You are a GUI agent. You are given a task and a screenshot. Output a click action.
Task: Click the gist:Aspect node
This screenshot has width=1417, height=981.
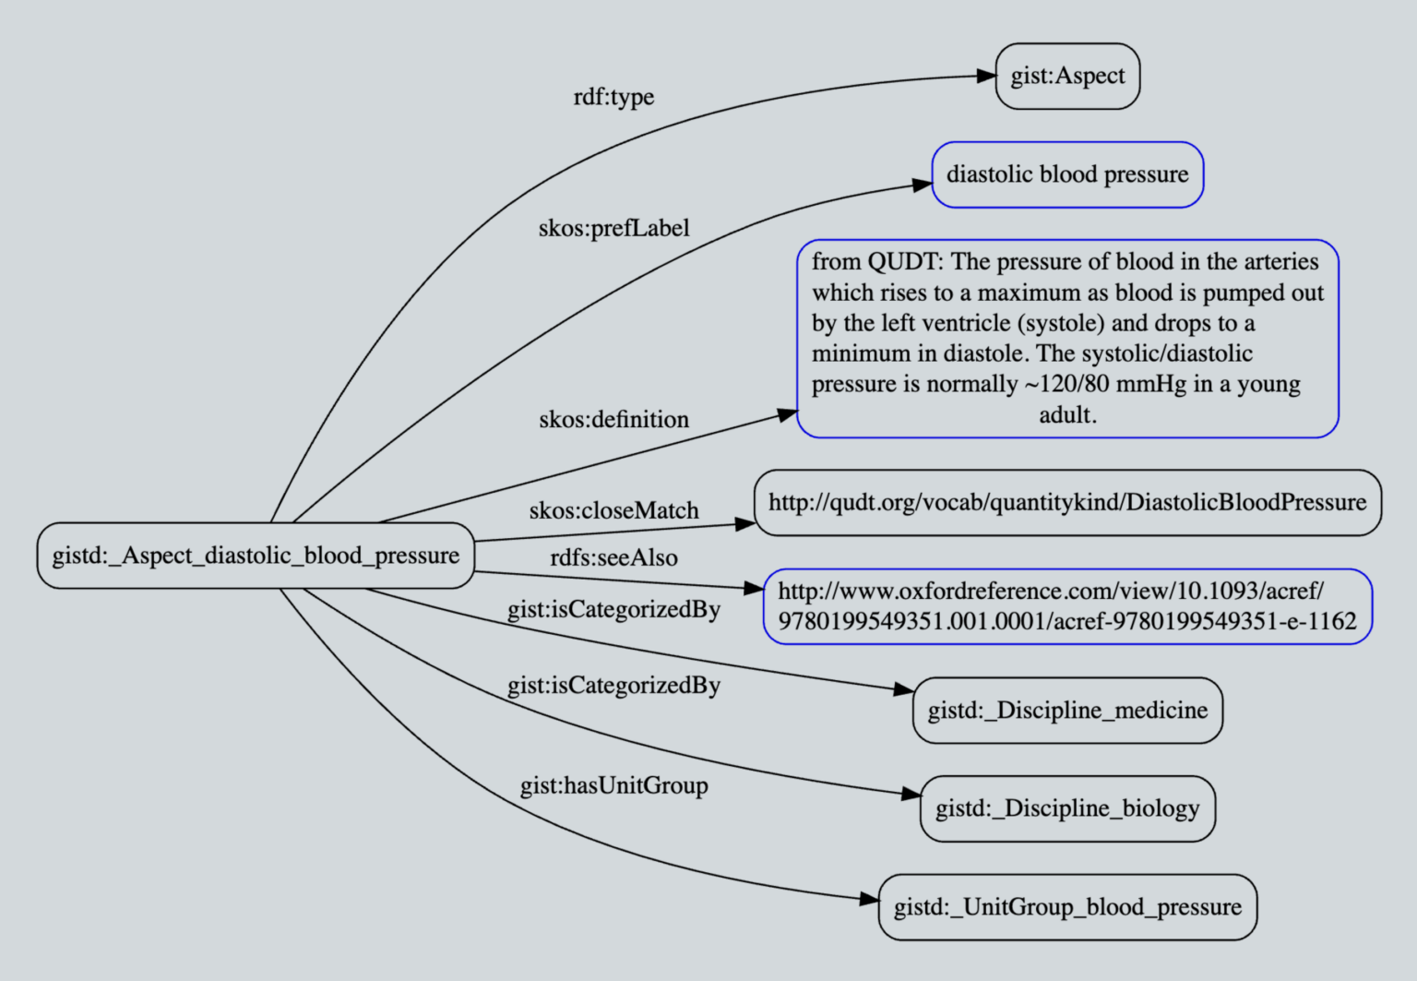(x=1067, y=76)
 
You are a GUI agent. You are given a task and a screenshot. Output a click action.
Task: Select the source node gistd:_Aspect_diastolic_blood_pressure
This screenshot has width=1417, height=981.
(x=256, y=556)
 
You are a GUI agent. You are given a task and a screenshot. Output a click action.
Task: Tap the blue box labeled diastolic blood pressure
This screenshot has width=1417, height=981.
(x=1067, y=174)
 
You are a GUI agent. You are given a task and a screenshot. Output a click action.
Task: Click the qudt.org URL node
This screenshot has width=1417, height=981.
(x=1067, y=502)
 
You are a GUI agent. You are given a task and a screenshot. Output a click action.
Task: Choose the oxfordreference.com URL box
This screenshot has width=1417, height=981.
(x=1067, y=606)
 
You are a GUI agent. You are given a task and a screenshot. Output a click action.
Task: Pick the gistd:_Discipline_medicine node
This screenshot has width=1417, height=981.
(x=1067, y=711)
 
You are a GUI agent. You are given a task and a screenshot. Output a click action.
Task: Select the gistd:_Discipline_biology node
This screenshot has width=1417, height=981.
(x=1067, y=808)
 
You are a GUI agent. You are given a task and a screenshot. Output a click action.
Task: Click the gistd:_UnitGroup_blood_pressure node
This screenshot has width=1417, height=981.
(x=1067, y=907)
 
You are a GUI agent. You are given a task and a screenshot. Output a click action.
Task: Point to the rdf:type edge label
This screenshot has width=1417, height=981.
(x=613, y=97)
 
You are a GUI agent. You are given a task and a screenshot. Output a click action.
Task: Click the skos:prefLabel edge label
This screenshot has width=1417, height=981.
(x=613, y=228)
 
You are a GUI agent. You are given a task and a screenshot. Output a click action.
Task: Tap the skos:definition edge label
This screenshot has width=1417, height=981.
(x=613, y=420)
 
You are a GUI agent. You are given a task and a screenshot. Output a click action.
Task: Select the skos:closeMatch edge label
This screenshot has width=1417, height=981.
(x=613, y=510)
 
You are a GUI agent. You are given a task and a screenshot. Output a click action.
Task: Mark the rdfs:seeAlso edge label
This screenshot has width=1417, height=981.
(x=613, y=558)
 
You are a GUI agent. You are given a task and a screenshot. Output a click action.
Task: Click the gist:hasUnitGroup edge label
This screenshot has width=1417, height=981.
(x=613, y=786)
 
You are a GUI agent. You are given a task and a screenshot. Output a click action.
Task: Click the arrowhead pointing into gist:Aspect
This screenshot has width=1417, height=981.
(x=986, y=77)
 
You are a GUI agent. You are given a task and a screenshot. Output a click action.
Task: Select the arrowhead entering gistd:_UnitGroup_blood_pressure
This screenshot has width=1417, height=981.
(x=869, y=899)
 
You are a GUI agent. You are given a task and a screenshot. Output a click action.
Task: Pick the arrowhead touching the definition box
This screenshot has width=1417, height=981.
(x=787, y=415)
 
